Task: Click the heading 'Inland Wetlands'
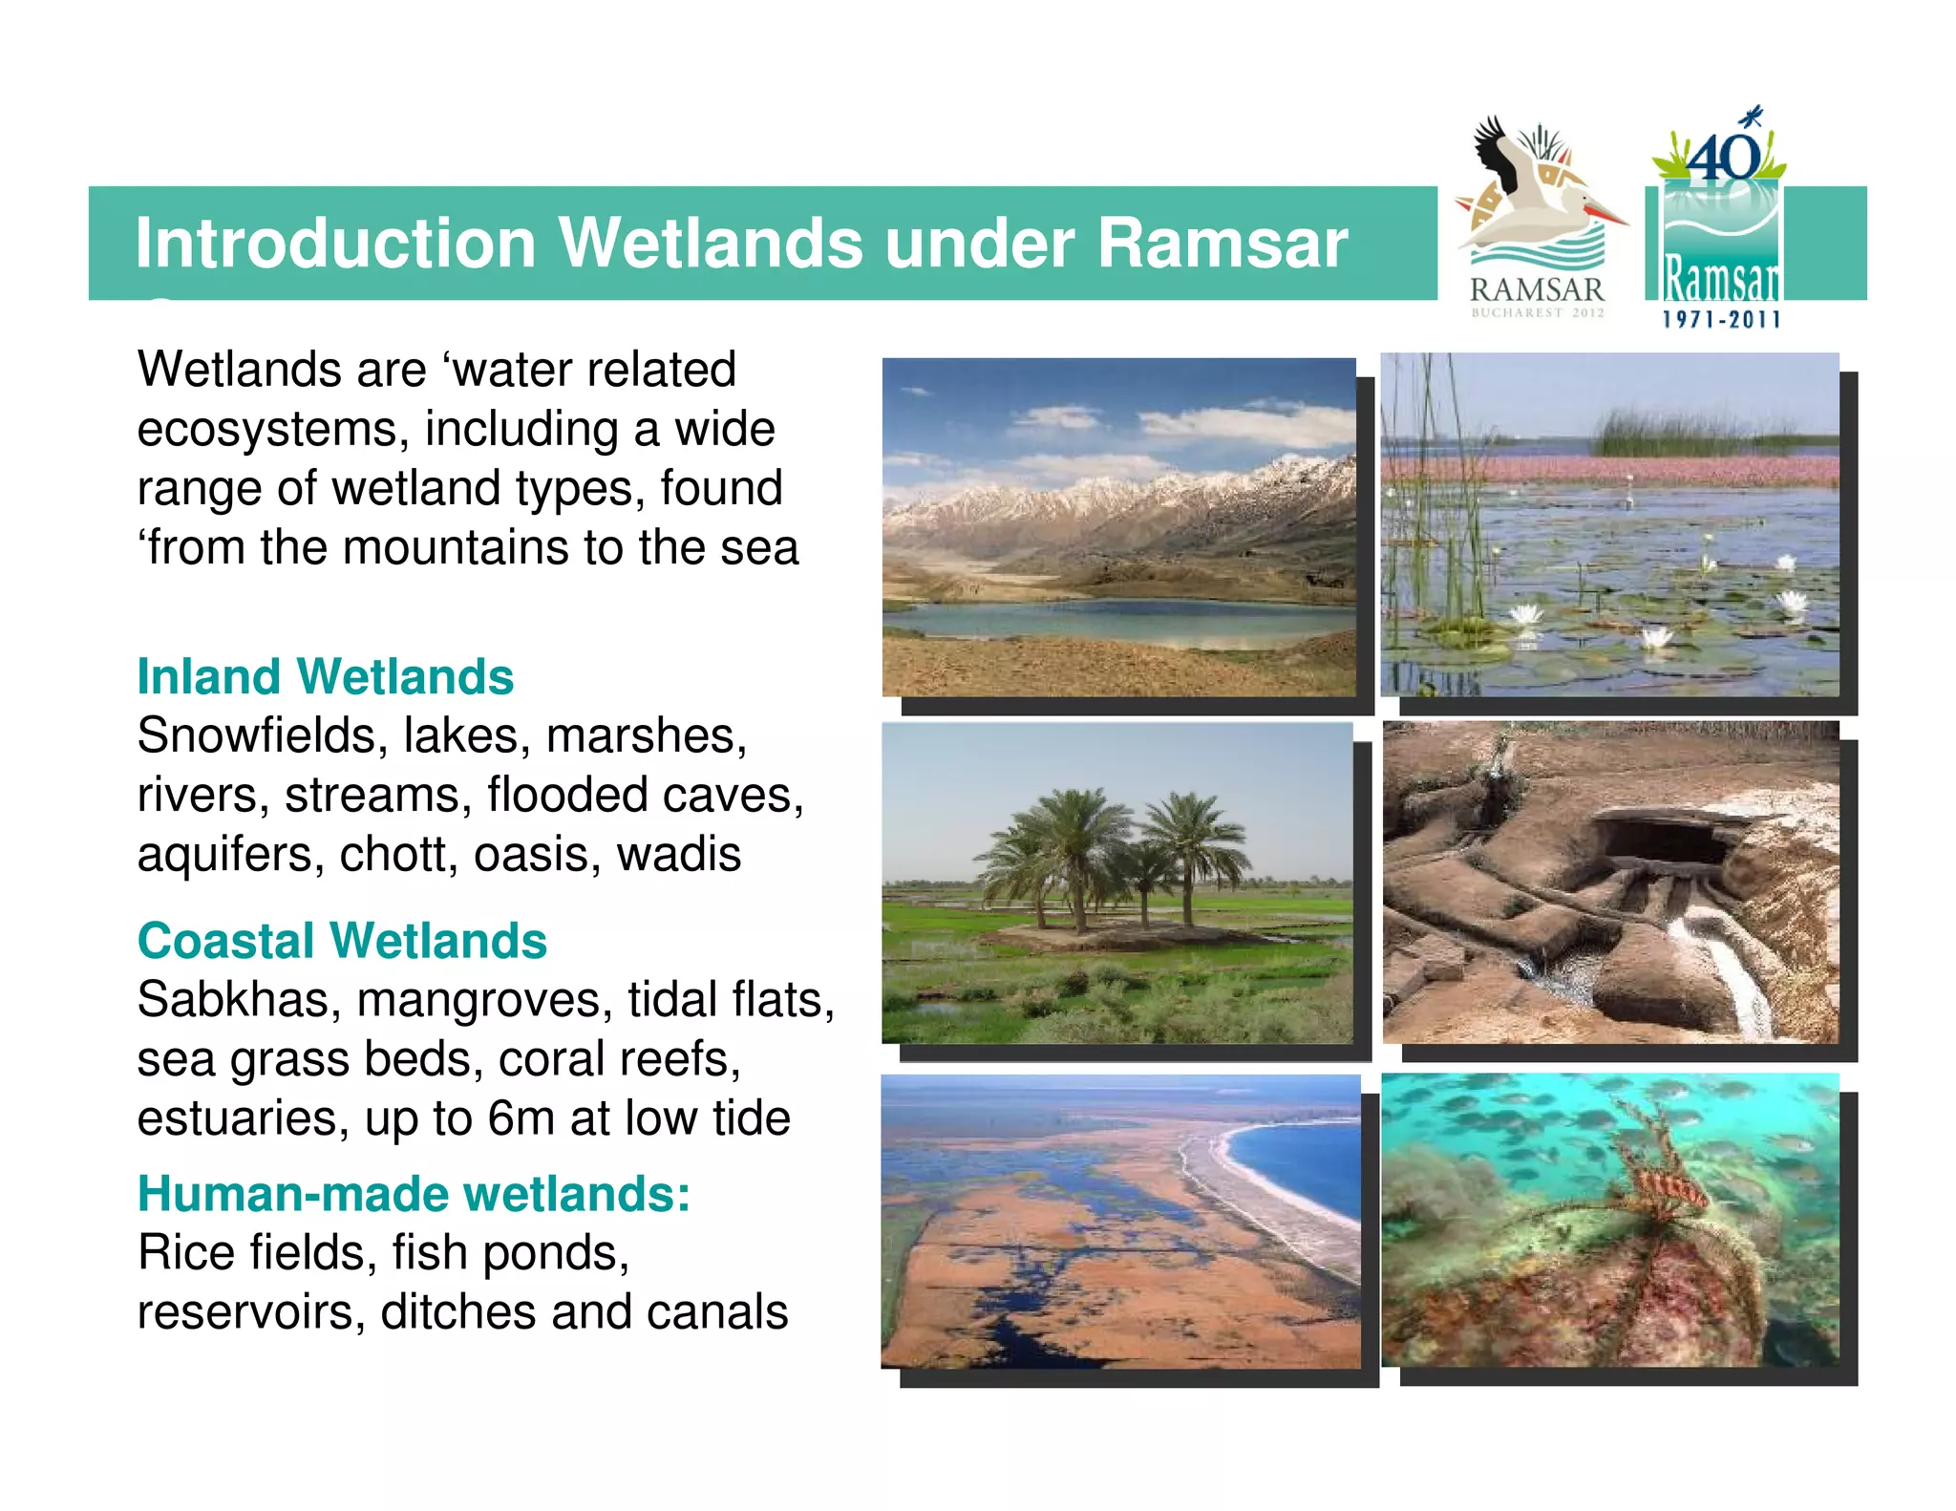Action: click(325, 676)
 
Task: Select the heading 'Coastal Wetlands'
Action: click(342, 941)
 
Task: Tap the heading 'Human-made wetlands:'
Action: click(414, 1194)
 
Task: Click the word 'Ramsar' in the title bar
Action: click(1222, 243)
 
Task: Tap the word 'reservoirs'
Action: click(251, 1312)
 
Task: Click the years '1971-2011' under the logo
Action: click(1721, 320)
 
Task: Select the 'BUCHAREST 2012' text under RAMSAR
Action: click(1537, 312)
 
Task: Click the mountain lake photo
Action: click(1118, 527)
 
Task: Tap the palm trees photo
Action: click(1117, 883)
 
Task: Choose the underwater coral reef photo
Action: click(1610, 1220)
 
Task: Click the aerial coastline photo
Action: click(1120, 1222)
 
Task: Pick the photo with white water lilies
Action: click(1610, 524)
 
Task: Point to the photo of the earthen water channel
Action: click(1610, 883)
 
